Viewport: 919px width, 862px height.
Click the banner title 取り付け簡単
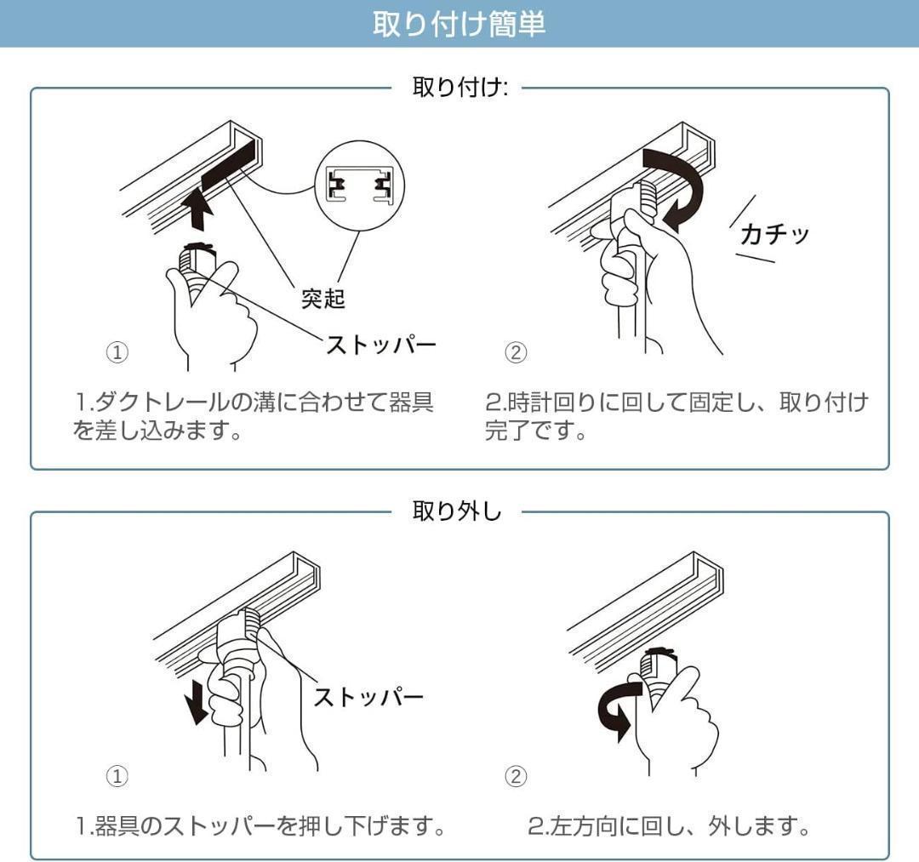point(459,24)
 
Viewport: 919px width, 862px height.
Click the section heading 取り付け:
point(459,88)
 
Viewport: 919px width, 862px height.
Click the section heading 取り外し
point(457,511)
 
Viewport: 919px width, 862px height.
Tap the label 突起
point(323,300)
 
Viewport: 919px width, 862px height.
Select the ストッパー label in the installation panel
point(381,345)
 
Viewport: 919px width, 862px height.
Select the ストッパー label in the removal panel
point(368,697)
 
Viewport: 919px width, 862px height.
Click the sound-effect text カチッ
point(773,233)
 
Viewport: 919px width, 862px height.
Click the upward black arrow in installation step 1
point(198,209)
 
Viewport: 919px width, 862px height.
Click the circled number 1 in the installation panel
point(117,352)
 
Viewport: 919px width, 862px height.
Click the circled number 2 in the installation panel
point(516,352)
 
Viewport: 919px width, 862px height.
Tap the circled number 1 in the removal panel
point(117,776)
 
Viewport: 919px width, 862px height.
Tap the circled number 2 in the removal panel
point(516,776)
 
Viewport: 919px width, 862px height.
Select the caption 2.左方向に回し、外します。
point(668,825)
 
